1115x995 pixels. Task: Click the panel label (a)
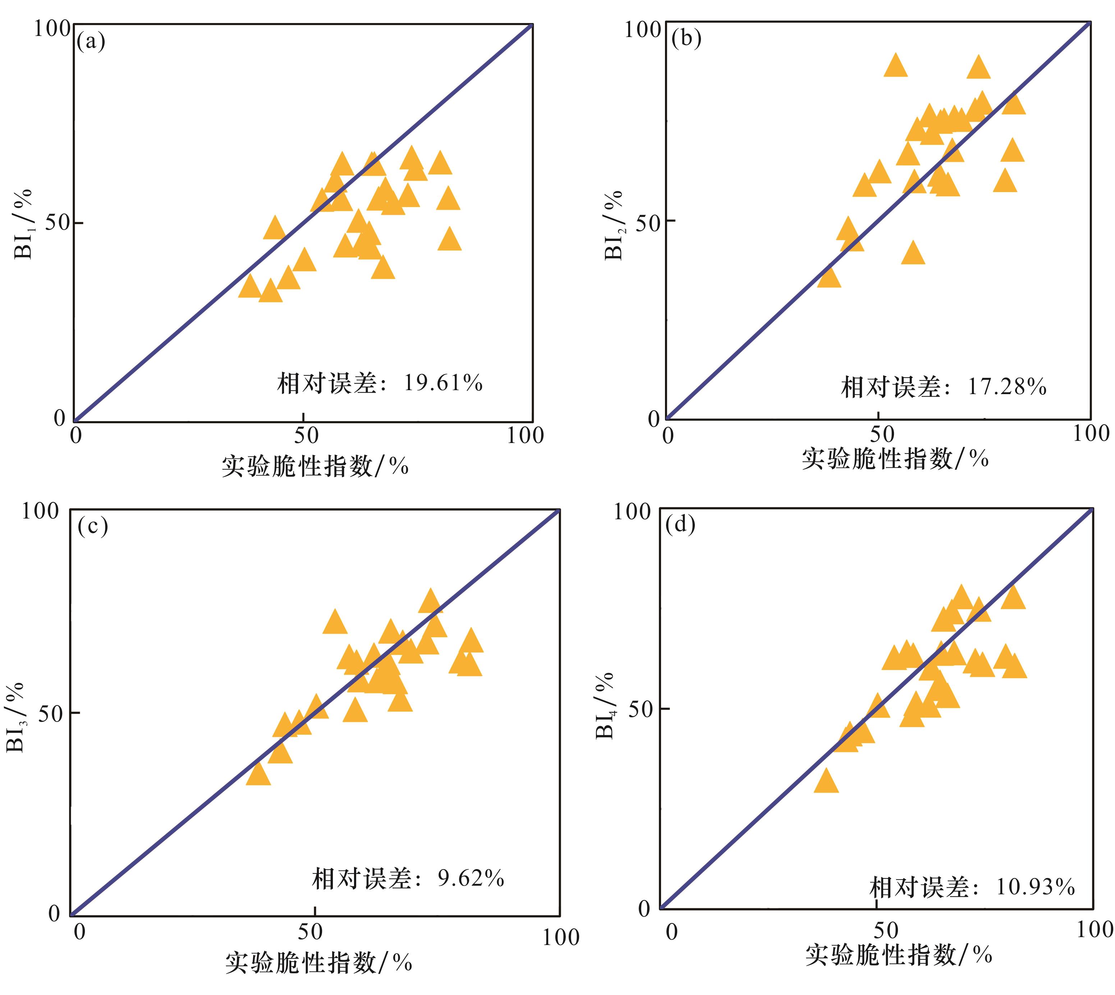(x=91, y=42)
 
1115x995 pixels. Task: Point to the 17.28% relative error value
(x=1007, y=387)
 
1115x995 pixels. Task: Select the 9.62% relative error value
(x=471, y=878)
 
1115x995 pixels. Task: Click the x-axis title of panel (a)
(x=315, y=466)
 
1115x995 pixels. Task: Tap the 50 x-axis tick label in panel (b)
(x=881, y=434)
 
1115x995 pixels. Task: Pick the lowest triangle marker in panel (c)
(x=258, y=774)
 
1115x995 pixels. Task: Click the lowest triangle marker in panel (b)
(x=829, y=277)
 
